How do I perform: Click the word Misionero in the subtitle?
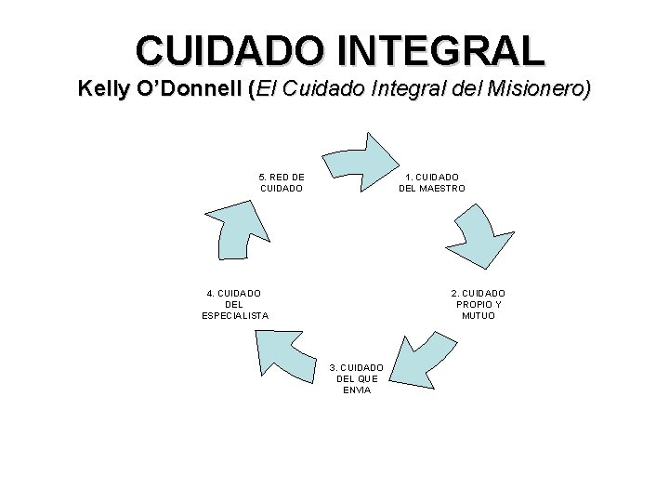tap(537, 89)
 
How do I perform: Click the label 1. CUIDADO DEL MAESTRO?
tap(431, 182)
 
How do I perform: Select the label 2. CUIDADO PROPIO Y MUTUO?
tap(478, 304)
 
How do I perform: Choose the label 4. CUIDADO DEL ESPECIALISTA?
tap(234, 304)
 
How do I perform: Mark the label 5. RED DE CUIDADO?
tap(282, 182)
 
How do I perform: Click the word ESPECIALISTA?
tap(234, 316)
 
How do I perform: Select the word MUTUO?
tap(479, 316)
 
